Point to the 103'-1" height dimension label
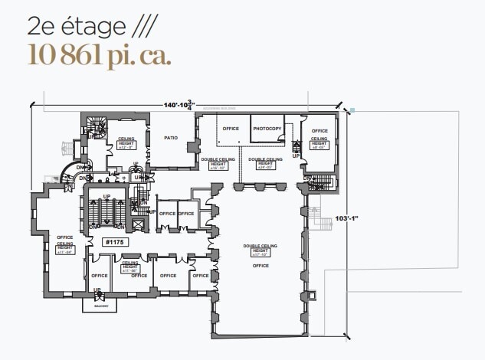tap(347, 219)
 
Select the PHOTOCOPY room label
tap(267, 129)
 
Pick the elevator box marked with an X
tap(138, 225)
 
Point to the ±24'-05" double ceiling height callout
tap(265, 164)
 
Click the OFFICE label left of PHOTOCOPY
tap(231, 129)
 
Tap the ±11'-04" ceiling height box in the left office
tap(65, 248)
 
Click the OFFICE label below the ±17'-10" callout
tap(254, 265)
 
